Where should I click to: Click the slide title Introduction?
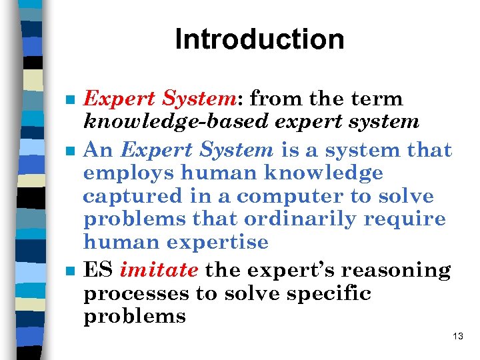[259, 39]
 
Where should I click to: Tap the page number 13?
[457, 336]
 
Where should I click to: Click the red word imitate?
[159, 270]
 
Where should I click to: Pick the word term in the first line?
[379, 99]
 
